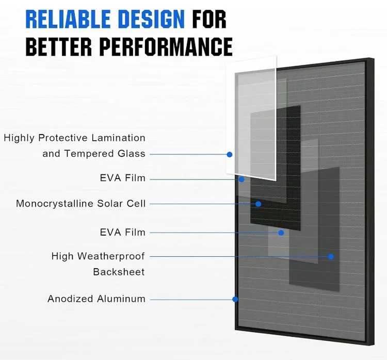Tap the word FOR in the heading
click(209, 20)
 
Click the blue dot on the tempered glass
click(230, 154)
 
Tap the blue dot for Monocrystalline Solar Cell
click(258, 204)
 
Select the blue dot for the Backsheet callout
click(331, 256)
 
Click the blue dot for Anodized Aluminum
click(235, 299)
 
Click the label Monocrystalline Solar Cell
click(80, 204)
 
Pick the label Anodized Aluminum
click(96, 299)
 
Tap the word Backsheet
click(119, 272)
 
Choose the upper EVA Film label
click(123, 178)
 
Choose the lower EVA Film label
click(123, 233)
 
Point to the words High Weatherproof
click(98, 256)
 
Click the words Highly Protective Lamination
click(74, 138)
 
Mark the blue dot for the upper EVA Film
click(241, 179)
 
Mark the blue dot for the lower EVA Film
click(281, 233)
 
